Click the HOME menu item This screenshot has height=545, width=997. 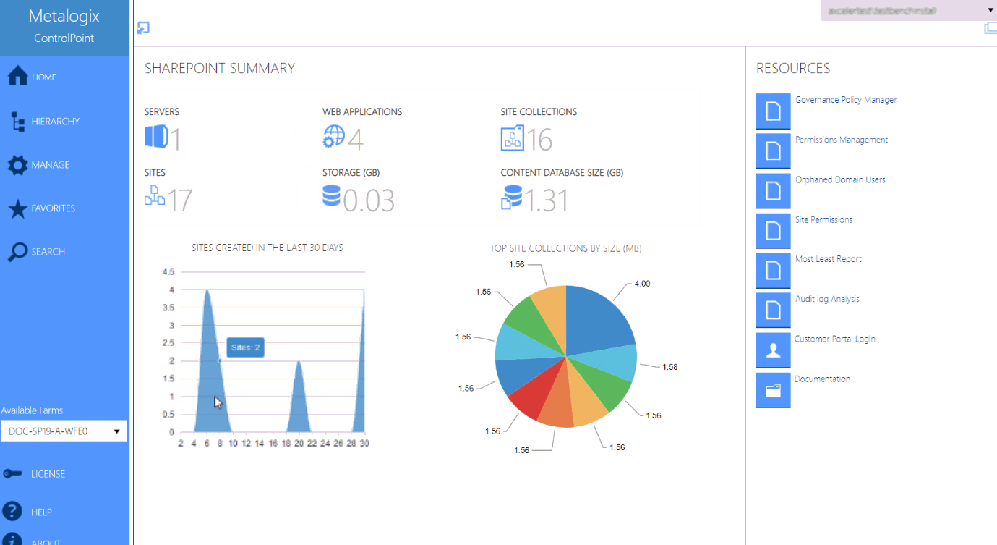click(x=43, y=77)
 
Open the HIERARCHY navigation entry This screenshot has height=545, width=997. click(x=55, y=122)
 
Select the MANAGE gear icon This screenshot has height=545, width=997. click(x=17, y=166)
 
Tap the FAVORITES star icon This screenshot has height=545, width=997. click(x=17, y=209)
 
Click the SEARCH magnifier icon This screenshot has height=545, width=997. click(x=17, y=252)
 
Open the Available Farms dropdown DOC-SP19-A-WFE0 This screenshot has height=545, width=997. click(x=64, y=431)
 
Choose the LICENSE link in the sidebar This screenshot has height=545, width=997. click(x=48, y=474)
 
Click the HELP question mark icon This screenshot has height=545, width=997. click(x=12, y=512)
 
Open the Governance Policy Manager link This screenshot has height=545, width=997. click(x=845, y=100)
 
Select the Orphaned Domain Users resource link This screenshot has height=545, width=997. click(x=840, y=179)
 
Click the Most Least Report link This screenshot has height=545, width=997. click(x=828, y=259)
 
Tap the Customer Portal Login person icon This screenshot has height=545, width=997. click(x=773, y=350)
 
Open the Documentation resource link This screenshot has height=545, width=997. click(x=822, y=379)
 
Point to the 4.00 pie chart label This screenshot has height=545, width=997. click(x=642, y=284)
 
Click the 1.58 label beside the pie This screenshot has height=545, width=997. click(x=669, y=367)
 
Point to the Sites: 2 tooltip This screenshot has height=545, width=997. click(x=245, y=348)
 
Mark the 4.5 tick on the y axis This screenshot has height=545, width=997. click(x=168, y=272)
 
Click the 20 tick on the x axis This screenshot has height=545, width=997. click(x=299, y=444)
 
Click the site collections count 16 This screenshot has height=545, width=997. click(x=539, y=140)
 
